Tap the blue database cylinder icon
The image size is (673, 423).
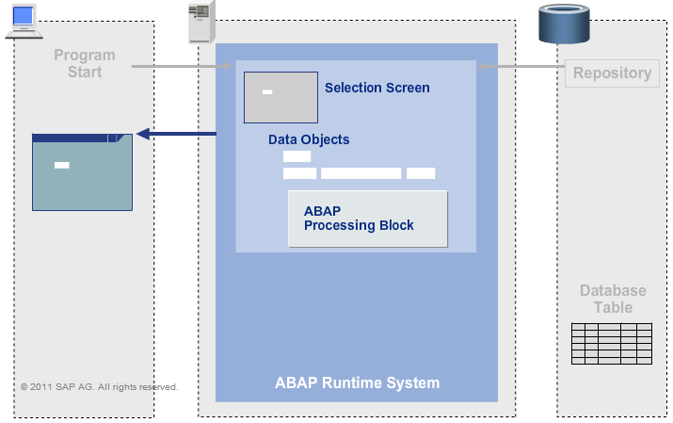[563, 24]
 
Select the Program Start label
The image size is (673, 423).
[85, 64]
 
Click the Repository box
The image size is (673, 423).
[612, 73]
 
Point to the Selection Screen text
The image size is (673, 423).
[377, 88]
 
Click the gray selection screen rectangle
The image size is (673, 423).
[280, 98]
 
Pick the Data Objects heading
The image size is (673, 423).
[309, 139]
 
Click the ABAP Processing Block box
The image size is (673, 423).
[367, 219]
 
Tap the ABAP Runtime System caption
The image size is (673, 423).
[357, 382]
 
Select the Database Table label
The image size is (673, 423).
[613, 300]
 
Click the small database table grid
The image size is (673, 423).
[612, 343]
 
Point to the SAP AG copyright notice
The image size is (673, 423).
[99, 386]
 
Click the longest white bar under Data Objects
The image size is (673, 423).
[361, 172]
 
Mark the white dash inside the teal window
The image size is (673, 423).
[62, 166]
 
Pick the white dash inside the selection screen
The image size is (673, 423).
[267, 91]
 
